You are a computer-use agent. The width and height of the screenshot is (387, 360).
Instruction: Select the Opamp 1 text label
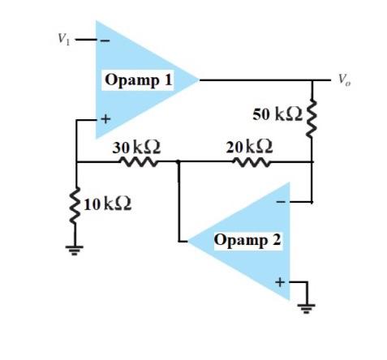point(138,79)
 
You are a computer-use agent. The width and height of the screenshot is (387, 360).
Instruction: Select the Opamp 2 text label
point(247,240)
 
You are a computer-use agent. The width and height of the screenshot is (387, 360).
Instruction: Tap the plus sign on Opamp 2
point(281,281)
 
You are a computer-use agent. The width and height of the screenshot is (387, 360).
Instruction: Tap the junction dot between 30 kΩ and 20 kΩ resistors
point(177,162)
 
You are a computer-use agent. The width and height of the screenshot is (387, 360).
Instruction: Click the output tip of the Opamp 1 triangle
point(198,79)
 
